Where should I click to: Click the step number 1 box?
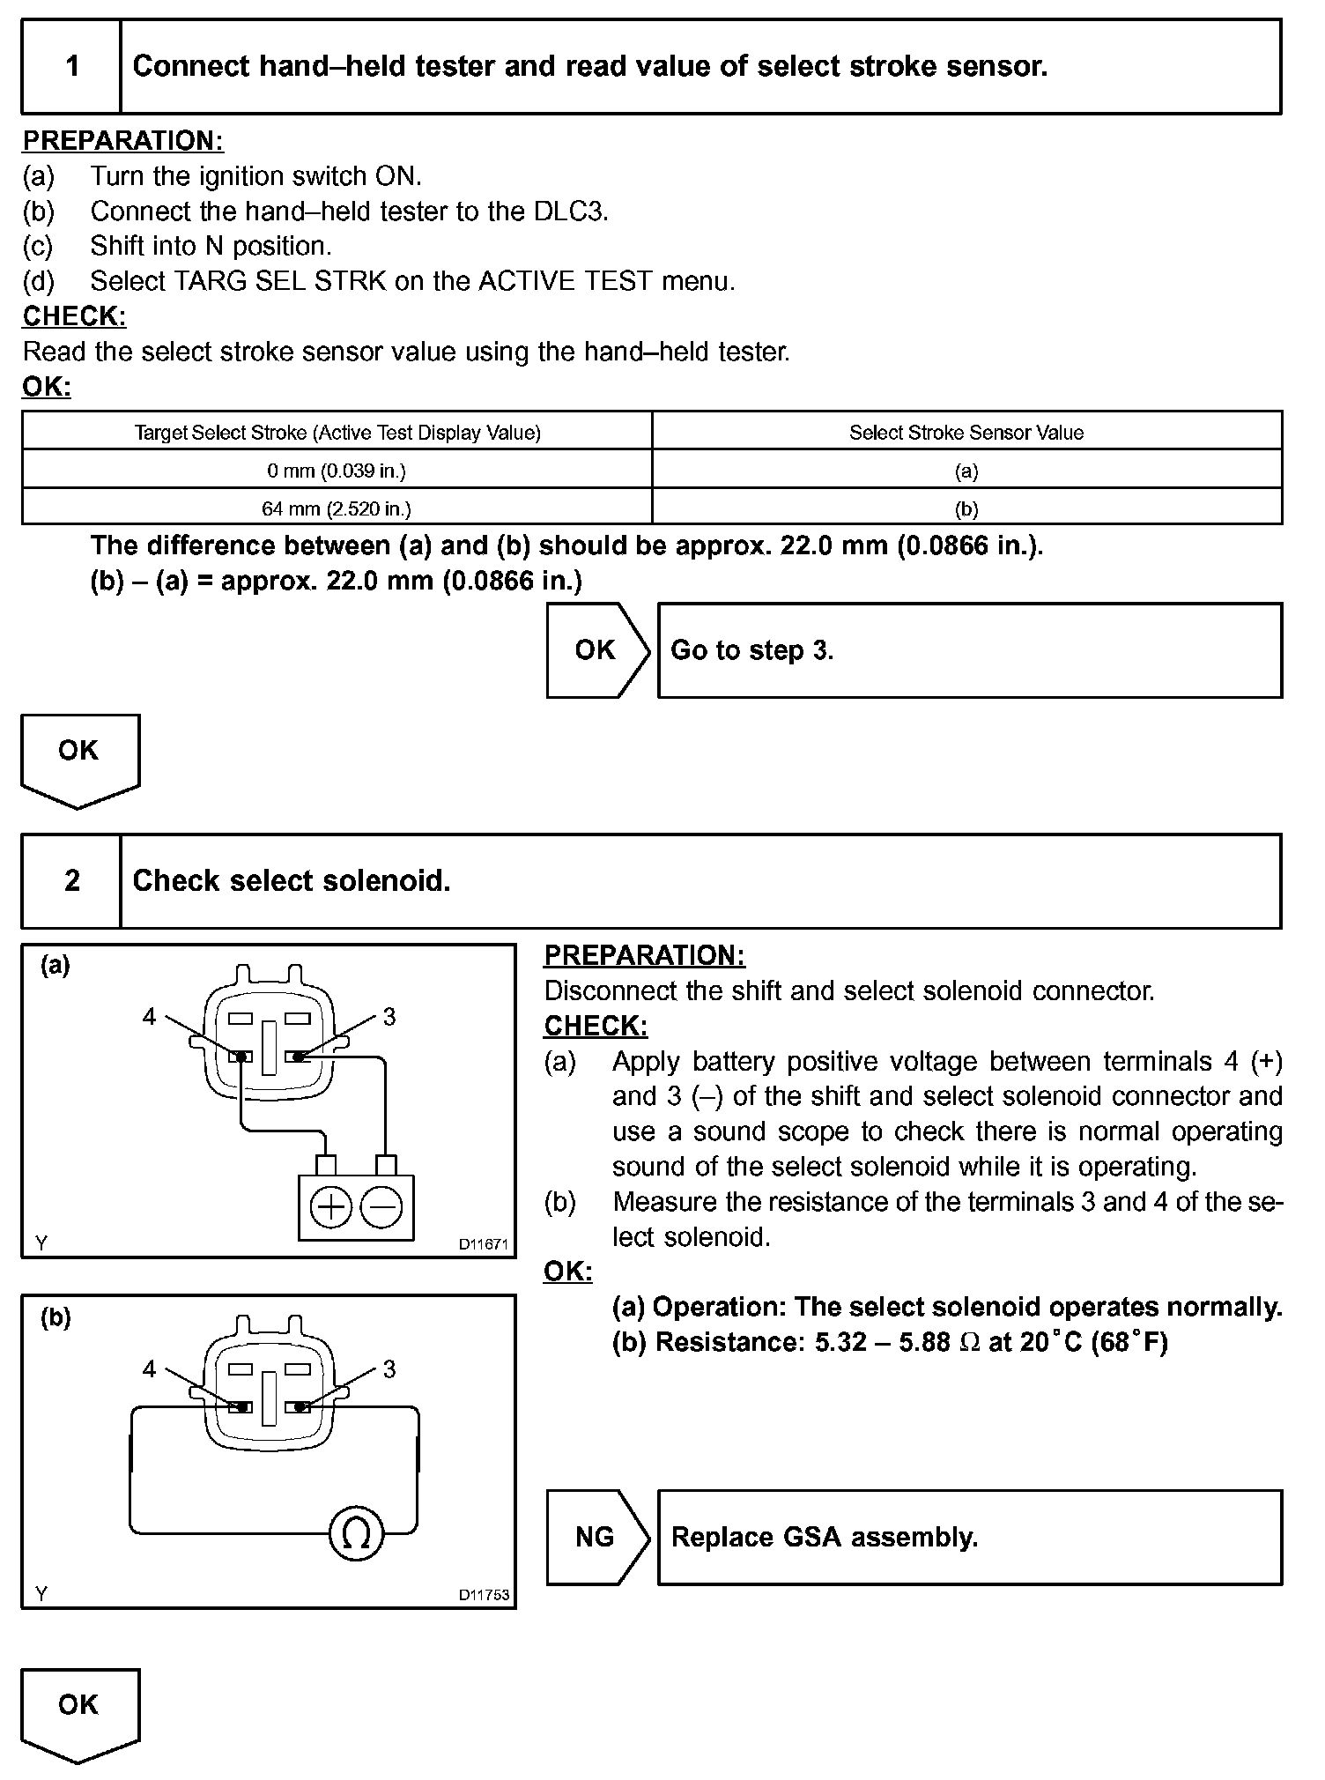click(71, 67)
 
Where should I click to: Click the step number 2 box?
click(71, 881)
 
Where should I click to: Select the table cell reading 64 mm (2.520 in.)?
click(337, 508)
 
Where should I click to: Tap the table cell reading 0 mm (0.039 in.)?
click(337, 471)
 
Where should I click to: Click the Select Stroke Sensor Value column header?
click(966, 433)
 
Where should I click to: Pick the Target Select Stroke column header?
click(337, 433)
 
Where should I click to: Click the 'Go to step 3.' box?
click(969, 650)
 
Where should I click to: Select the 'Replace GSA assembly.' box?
click(969, 1538)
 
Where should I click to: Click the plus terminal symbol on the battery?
click(331, 1207)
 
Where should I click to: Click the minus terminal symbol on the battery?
click(381, 1207)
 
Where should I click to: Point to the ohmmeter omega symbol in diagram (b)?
click(356, 1534)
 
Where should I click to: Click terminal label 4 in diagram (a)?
click(149, 1017)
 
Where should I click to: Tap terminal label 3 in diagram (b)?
click(389, 1368)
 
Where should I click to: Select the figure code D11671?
click(483, 1244)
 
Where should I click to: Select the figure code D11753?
click(483, 1595)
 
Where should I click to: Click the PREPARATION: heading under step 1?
click(122, 141)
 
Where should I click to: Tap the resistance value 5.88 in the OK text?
click(924, 1342)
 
